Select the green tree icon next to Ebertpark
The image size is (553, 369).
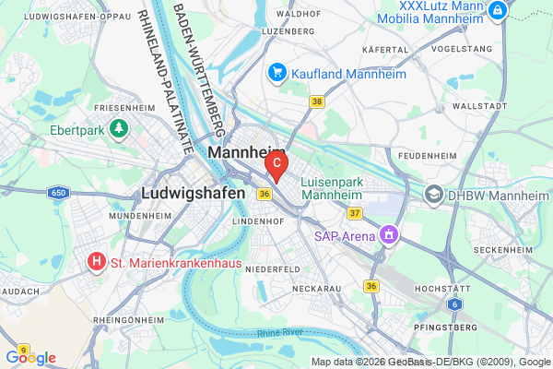tap(118, 130)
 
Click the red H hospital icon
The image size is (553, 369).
tap(96, 263)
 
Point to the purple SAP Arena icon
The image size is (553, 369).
tap(389, 235)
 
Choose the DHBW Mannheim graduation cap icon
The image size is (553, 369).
tap(433, 194)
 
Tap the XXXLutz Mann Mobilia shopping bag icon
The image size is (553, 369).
tap(498, 10)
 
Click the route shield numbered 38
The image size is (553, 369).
tap(317, 101)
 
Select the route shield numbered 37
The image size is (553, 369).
tap(354, 214)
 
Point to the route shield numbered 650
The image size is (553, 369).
tap(59, 192)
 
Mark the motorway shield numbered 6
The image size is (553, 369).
tap(454, 304)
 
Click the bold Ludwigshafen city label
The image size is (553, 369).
tap(194, 194)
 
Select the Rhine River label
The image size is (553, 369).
tap(279, 334)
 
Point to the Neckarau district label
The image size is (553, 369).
tap(317, 289)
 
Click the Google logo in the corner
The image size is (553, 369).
tap(30, 358)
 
